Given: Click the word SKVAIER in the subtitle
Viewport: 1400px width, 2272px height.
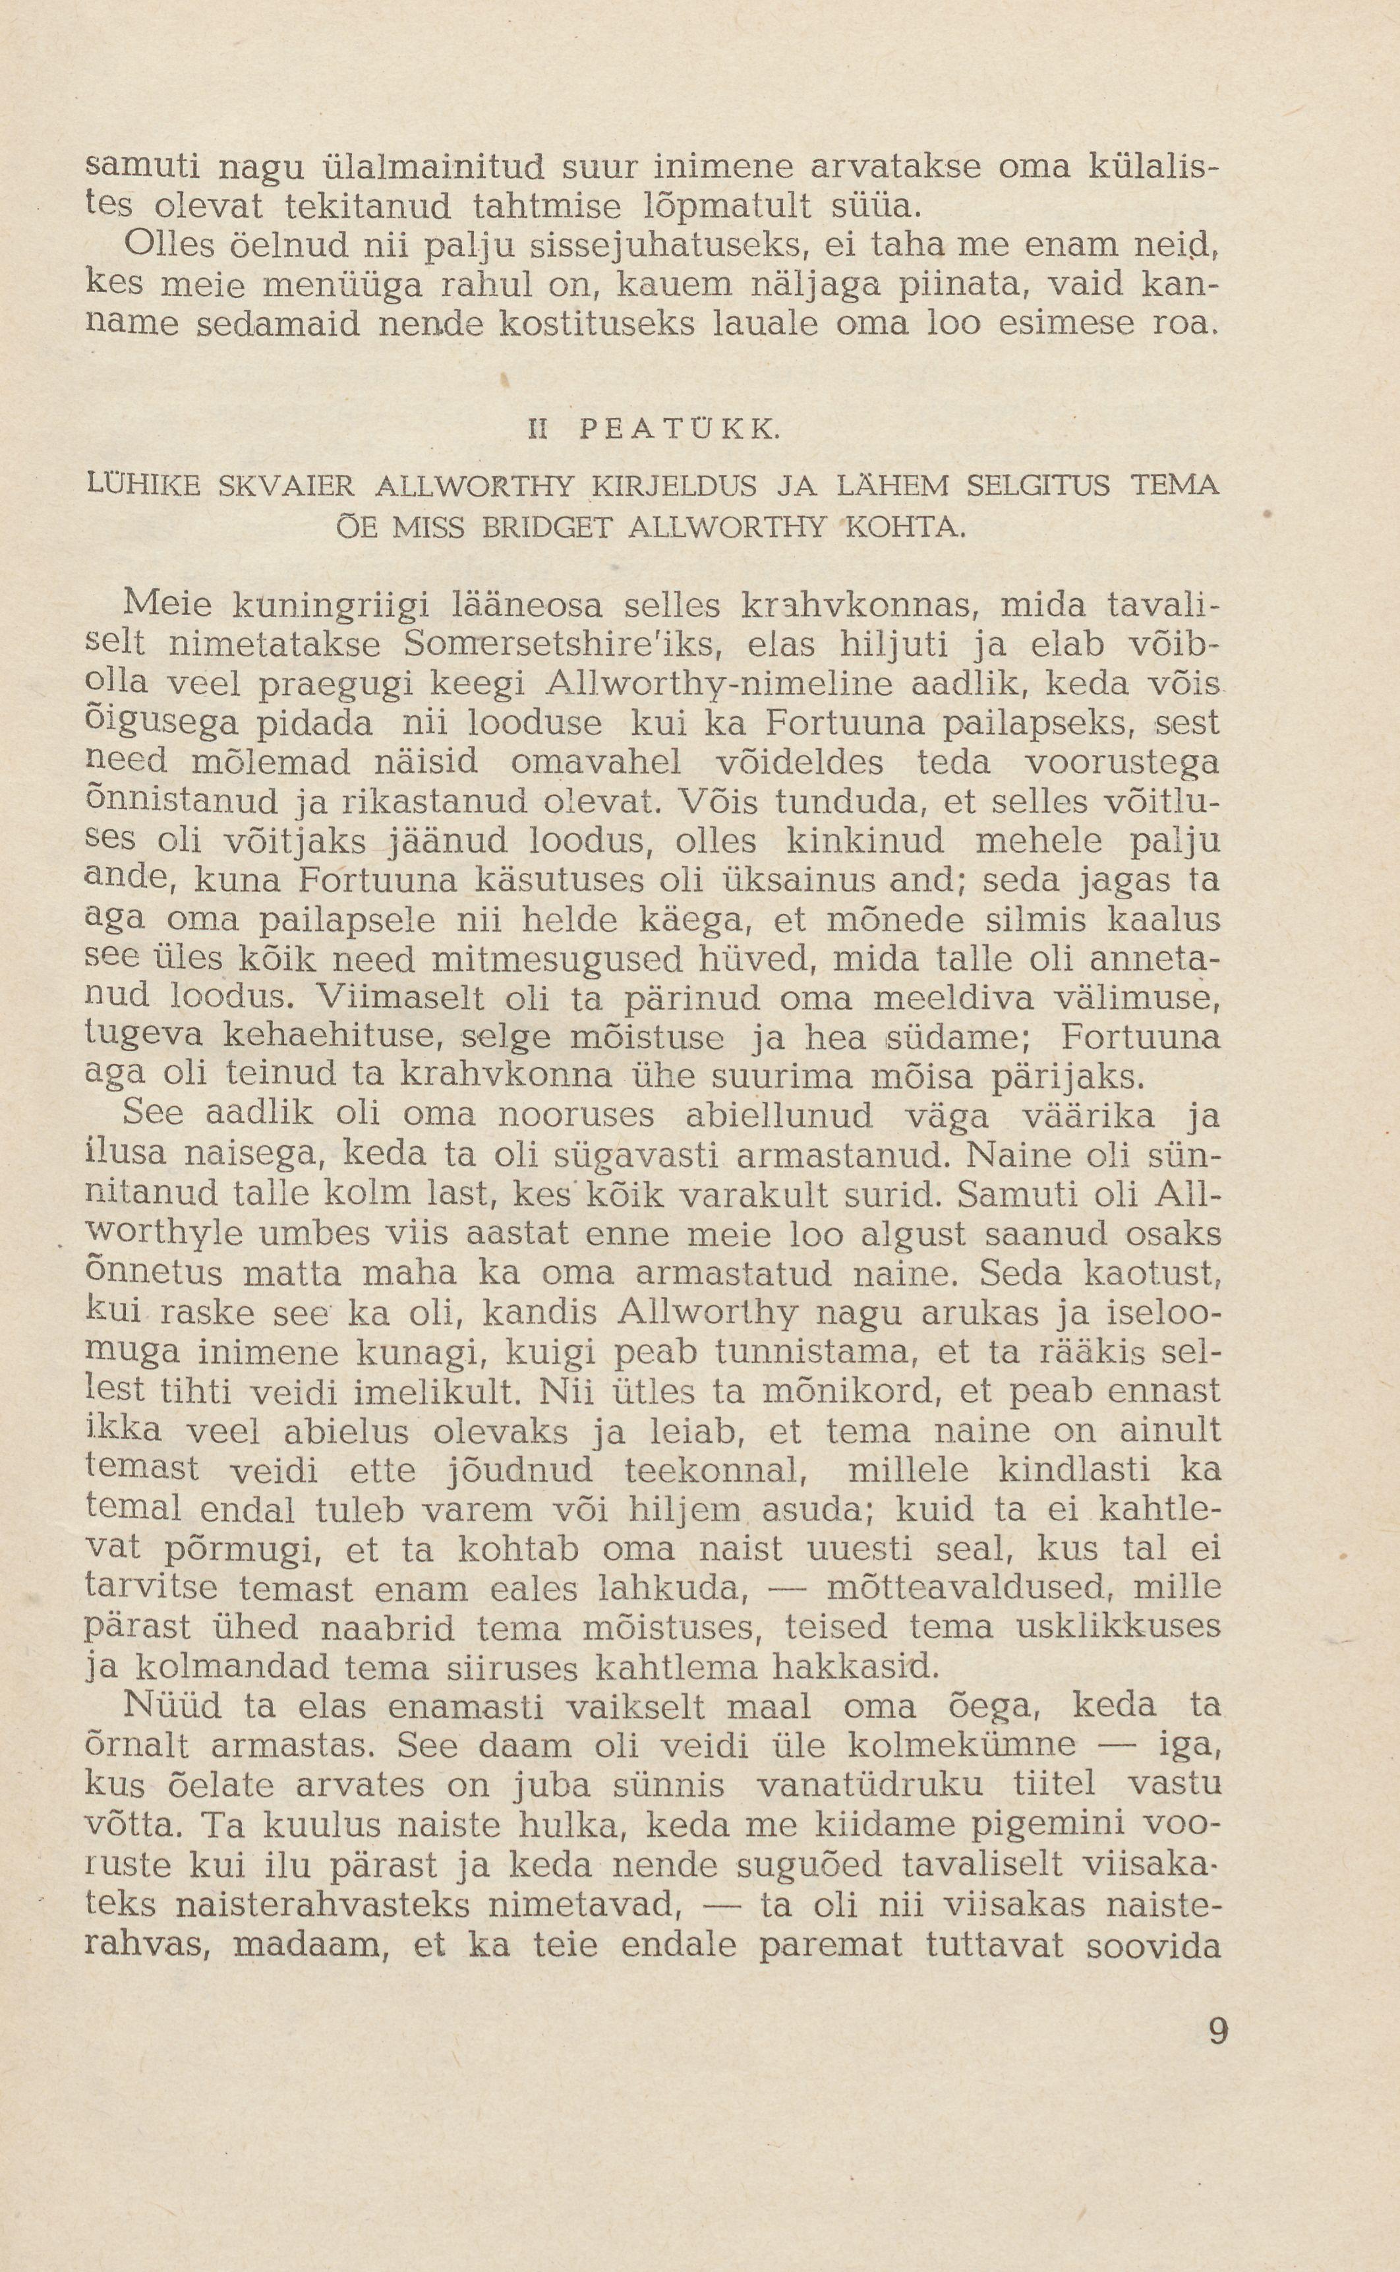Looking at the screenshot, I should click(288, 485).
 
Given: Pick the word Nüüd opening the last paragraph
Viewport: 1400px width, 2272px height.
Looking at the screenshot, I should click(169, 1704).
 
